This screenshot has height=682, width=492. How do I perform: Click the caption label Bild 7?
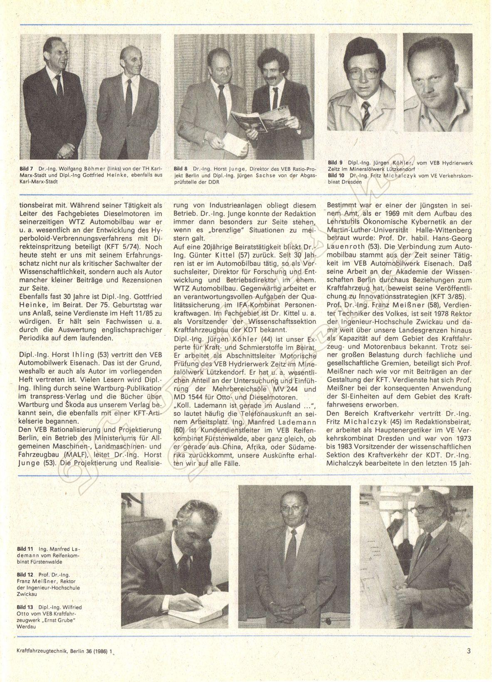26,169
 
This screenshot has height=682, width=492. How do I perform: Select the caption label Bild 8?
180,169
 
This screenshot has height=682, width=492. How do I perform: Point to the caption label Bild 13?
25,607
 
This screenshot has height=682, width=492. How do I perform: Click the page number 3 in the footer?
469,651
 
